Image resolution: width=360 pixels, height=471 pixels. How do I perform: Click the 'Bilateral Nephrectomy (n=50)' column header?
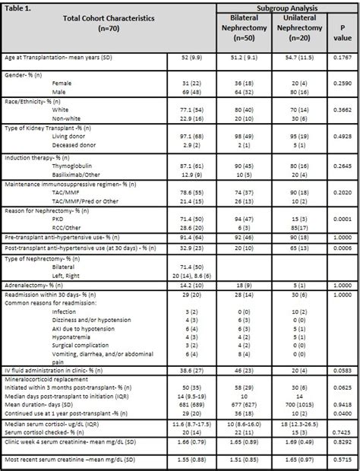click(244, 29)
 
